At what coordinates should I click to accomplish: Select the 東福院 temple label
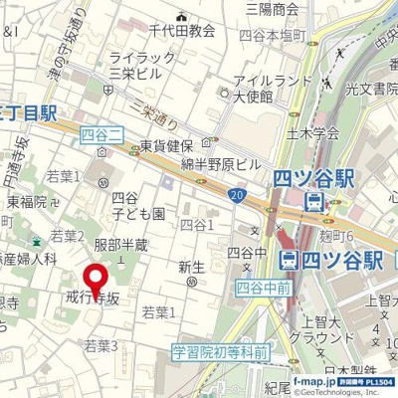coord(26,202)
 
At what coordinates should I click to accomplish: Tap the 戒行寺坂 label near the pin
coord(92,298)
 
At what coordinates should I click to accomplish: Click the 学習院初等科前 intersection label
coord(220,351)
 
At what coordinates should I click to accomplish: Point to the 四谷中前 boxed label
coord(264,289)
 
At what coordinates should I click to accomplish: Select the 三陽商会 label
coord(273,9)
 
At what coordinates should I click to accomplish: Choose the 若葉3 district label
coord(100,345)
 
